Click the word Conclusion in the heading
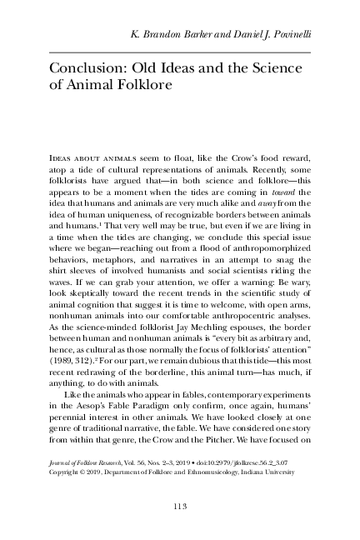pos(89,67)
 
